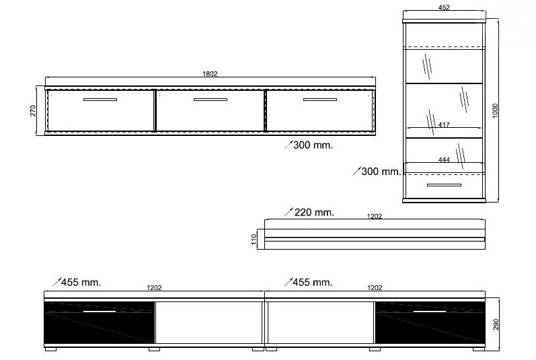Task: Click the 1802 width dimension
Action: point(210,74)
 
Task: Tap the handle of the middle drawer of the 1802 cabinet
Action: point(210,100)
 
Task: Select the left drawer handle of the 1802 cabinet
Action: point(100,100)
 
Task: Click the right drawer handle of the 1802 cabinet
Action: point(319,100)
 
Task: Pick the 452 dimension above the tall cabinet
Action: point(444,8)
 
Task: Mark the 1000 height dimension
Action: point(495,110)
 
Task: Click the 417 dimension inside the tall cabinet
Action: point(444,124)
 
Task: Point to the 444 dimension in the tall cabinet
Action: point(444,159)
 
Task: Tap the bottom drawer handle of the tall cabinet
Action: point(444,184)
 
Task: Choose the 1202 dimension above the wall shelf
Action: point(375,216)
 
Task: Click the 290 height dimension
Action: point(496,324)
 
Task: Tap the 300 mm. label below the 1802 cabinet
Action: point(313,145)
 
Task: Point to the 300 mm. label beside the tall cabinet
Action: point(381,172)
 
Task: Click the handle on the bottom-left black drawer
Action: point(100,312)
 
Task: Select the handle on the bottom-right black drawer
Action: point(430,312)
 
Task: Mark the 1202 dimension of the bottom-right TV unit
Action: point(375,287)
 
